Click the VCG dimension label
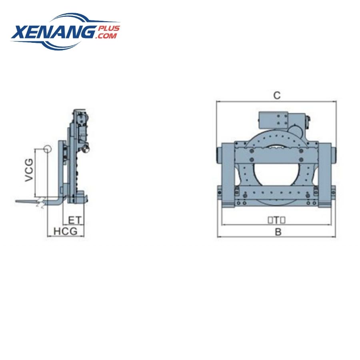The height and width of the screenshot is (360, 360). coord(29,170)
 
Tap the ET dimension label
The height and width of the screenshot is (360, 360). coord(75,220)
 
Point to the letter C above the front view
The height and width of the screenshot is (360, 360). coord(277,95)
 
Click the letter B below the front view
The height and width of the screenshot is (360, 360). coord(278,232)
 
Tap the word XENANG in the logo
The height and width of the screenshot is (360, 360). coord(54,32)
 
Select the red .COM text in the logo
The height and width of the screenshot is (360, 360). coord(106,36)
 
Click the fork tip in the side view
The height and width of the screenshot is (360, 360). coord(18,201)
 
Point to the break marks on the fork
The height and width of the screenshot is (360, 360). coord(40,201)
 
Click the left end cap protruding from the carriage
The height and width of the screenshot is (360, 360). coord(218,154)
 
